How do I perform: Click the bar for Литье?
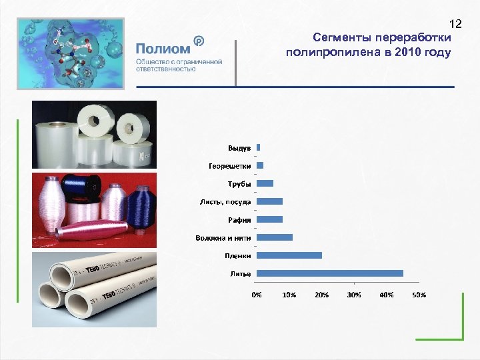[329, 273]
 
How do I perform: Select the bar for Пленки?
[289, 255]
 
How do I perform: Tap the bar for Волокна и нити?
[274, 237]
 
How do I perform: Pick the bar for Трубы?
[265, 183]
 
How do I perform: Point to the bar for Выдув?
[258, 147]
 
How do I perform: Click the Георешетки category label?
[229, 165]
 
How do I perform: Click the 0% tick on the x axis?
[257, 295]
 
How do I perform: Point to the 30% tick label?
[354, 295]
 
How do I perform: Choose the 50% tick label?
[419, 295]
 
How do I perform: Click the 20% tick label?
[321, 295]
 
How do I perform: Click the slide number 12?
[455, 24]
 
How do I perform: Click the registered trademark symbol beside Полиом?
[198, 41]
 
